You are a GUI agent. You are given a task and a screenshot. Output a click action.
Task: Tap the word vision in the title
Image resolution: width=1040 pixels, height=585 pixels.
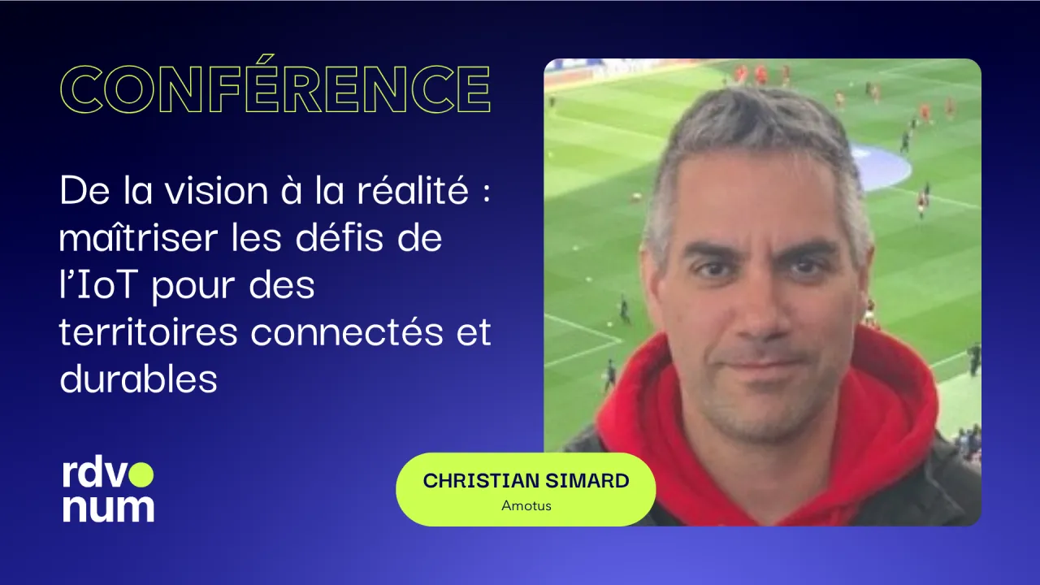(217, 190)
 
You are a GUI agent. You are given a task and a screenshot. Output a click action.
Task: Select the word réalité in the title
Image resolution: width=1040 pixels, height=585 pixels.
(413, 189)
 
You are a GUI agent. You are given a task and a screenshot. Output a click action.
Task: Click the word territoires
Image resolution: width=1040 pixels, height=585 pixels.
(149, 331)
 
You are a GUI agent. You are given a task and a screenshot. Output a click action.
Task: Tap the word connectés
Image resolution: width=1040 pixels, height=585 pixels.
(347, 331)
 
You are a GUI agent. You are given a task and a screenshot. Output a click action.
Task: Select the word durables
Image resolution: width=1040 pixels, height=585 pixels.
(138, 379)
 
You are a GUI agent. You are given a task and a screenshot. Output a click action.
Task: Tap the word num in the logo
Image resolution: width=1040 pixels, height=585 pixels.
(108, 509)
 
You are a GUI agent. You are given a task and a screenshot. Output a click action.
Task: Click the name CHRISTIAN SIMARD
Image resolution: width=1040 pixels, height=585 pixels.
(526, 481)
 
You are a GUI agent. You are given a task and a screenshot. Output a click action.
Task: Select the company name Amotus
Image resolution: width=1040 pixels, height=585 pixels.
(526, 505)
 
